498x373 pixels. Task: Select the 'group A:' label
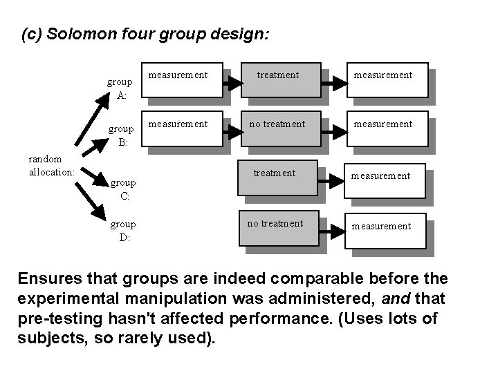(121, 88)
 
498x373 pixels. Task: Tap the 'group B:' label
(121, 135)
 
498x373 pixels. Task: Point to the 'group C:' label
(123, 189)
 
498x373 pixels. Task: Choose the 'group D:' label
(123, 231)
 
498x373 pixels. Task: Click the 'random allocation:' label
(51, 165)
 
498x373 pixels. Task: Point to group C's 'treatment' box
(275, 179)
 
